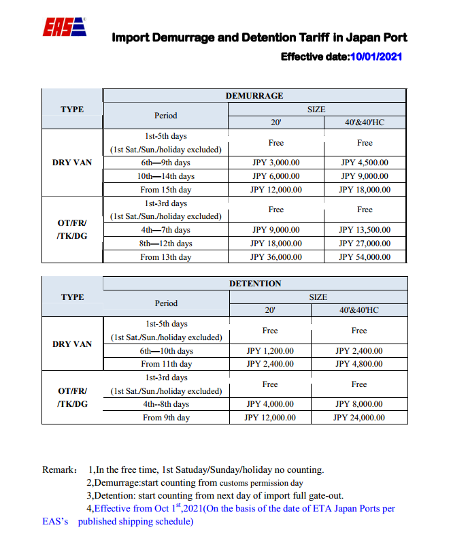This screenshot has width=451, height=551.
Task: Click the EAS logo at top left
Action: click(x=65, y=28)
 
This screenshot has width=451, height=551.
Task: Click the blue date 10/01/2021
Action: click(x=377, y=57)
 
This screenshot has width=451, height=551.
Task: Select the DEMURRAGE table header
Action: click(x=254, y=96)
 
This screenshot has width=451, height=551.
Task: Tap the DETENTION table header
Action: click(x=254, y=283)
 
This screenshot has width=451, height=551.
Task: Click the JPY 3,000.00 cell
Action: click(x=275, y=163)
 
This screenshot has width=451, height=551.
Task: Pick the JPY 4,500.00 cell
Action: click(x=365, y=163)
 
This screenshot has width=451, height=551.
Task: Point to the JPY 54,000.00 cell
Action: click(x=365, y=257)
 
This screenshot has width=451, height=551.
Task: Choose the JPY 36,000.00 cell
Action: click(x=275, y=257)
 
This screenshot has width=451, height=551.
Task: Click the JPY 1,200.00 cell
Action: click(x=270, y=351)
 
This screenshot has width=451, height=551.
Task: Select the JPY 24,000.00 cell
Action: click(x=358, y=418)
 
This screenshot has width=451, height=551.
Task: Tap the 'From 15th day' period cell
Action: click(x=166, y=190)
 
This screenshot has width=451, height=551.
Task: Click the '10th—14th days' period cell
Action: click(x=166, y=177)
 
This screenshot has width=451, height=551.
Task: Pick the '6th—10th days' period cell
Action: click(x=166, y=351)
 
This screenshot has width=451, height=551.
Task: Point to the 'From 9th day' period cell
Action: click(x=166, y=418)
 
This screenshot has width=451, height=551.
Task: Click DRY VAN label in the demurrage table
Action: click(x=72, y=163)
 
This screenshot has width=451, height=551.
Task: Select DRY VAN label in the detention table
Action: click(x=72, y=344)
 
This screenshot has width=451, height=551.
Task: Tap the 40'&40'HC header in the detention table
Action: click(x=358, y=310)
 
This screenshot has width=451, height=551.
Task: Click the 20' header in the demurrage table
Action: click(x=275, y=123)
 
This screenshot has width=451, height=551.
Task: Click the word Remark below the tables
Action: click(x=58, y=470)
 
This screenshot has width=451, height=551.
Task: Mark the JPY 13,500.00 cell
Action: click(x=365, y=230)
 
